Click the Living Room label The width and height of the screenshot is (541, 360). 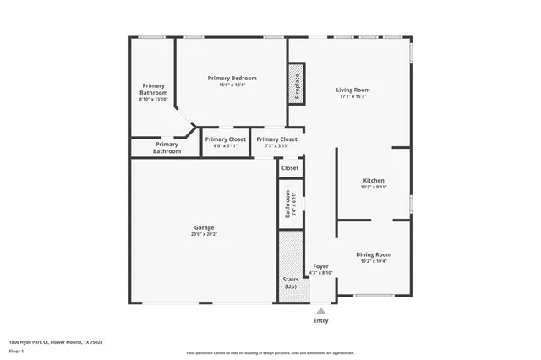point(353,90)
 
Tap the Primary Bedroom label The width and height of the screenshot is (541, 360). point(232,78)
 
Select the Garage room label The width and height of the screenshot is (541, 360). point(203,227)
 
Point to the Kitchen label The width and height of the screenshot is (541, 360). point(374,181)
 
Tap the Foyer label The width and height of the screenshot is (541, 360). point(320,266)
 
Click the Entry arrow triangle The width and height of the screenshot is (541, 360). point(320,311)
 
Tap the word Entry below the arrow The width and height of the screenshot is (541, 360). point(320,321)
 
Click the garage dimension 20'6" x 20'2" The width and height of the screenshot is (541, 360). point(203,233)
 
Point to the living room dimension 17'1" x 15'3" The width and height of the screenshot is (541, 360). point(353,96)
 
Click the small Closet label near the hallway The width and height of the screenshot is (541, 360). point(290,168)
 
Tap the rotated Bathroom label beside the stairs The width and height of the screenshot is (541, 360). point(287,205)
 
